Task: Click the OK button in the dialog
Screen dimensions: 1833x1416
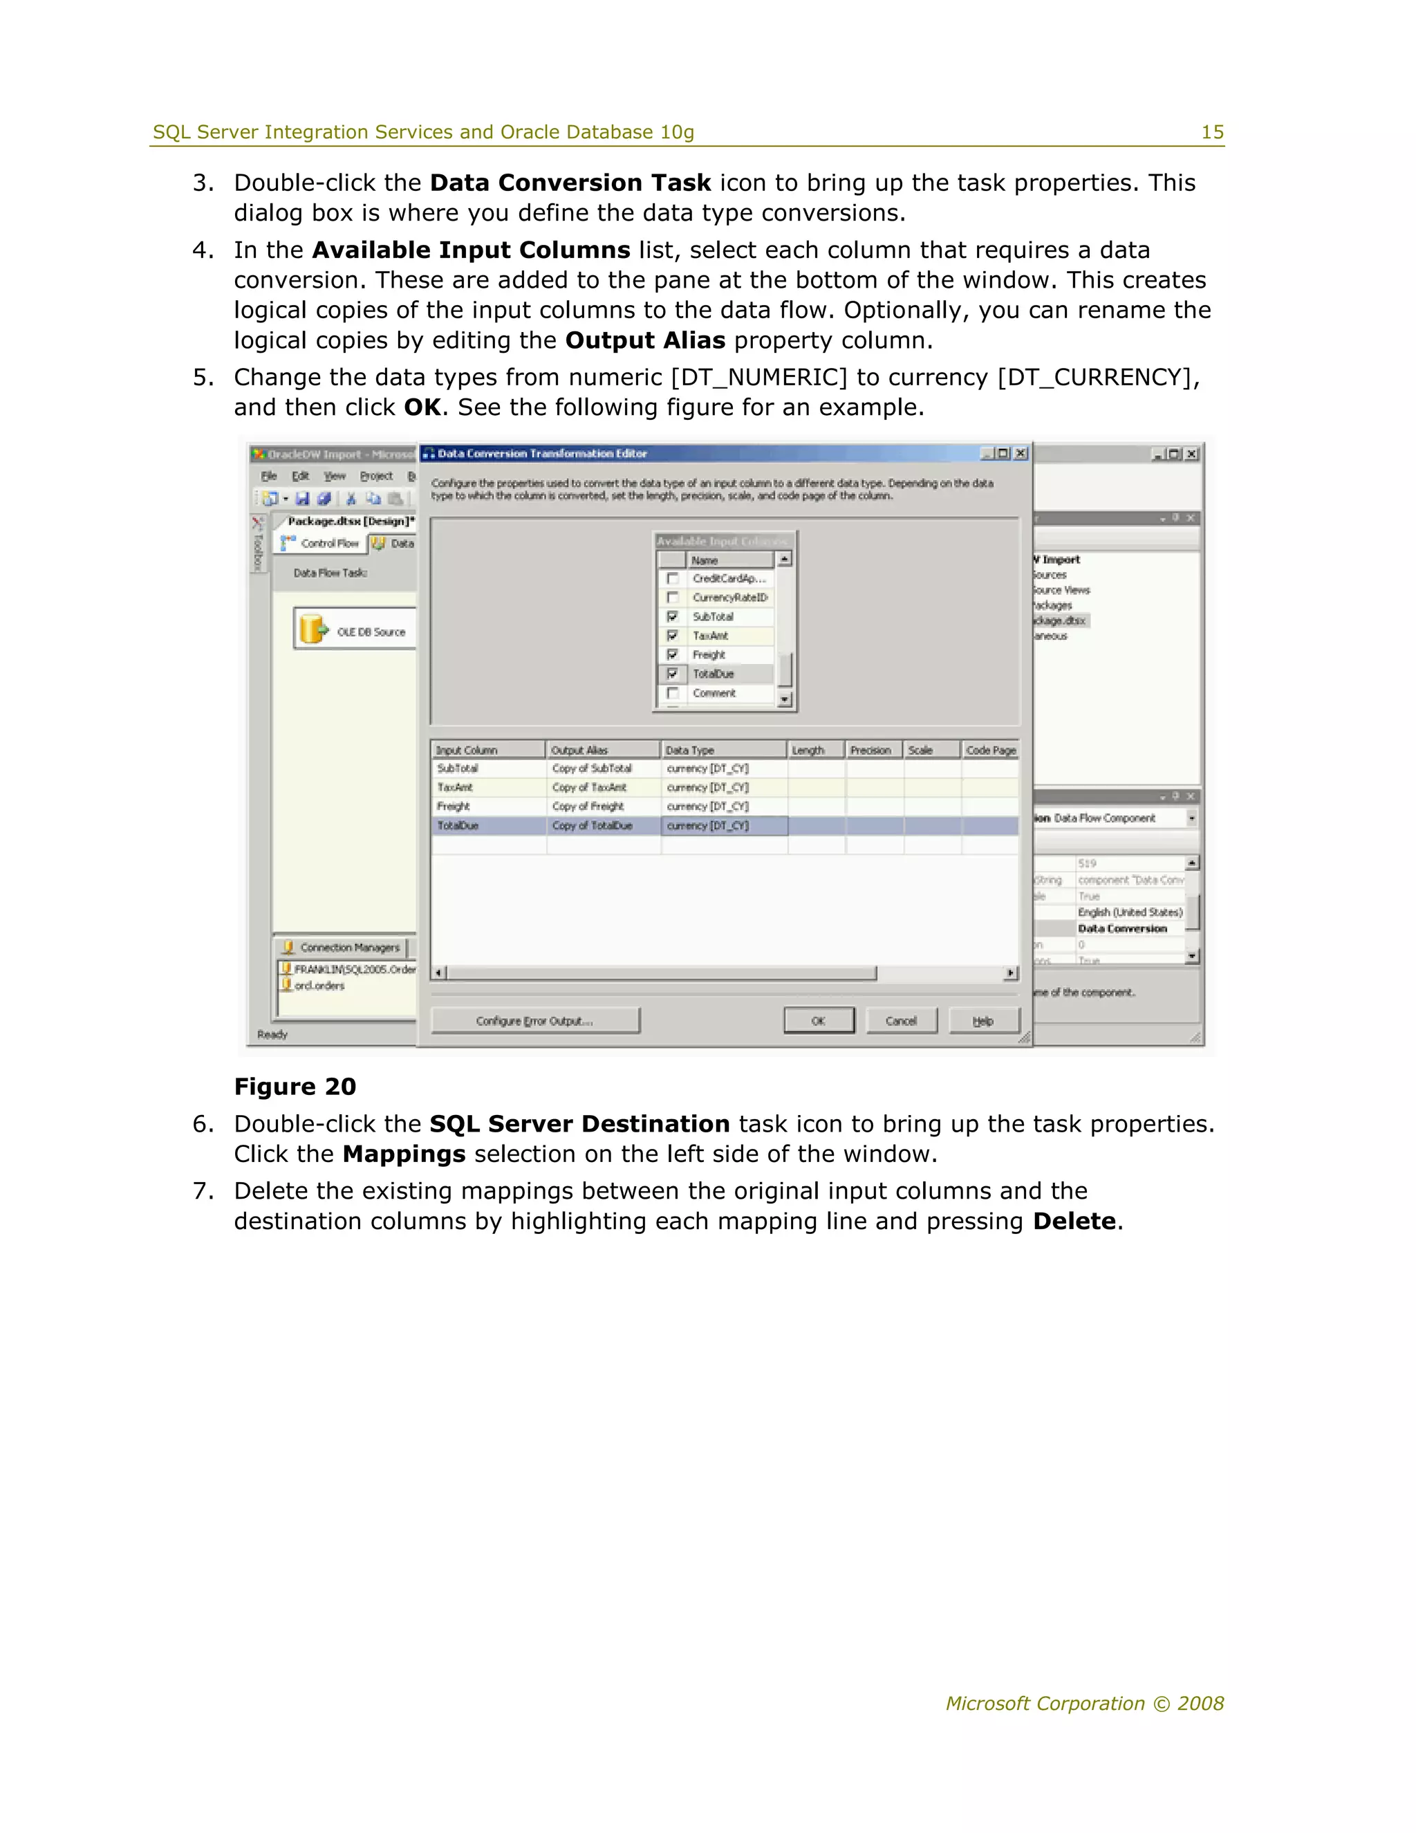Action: tap(819, 1020)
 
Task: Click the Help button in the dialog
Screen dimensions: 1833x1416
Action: tap(983, 1020)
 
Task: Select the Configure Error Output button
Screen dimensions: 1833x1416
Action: tap(534, 1020)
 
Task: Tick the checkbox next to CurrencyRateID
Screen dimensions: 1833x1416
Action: tap(672, 598)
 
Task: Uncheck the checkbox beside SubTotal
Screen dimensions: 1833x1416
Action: tap(672, 617)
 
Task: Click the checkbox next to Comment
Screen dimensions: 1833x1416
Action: tap(672, 693)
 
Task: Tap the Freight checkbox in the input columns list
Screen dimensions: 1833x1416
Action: tap(672, 654)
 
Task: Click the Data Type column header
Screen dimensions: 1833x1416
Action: tap(723, 750)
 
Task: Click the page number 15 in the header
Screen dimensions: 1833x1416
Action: tap(1212, 133)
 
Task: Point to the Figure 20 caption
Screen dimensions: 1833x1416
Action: tap(295, 1087)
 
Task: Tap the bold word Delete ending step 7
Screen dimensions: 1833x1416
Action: tap(1074, 1221)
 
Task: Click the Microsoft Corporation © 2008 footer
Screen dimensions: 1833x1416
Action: tap(1085, 1704)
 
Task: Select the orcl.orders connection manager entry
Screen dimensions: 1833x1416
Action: tap(319, 986)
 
